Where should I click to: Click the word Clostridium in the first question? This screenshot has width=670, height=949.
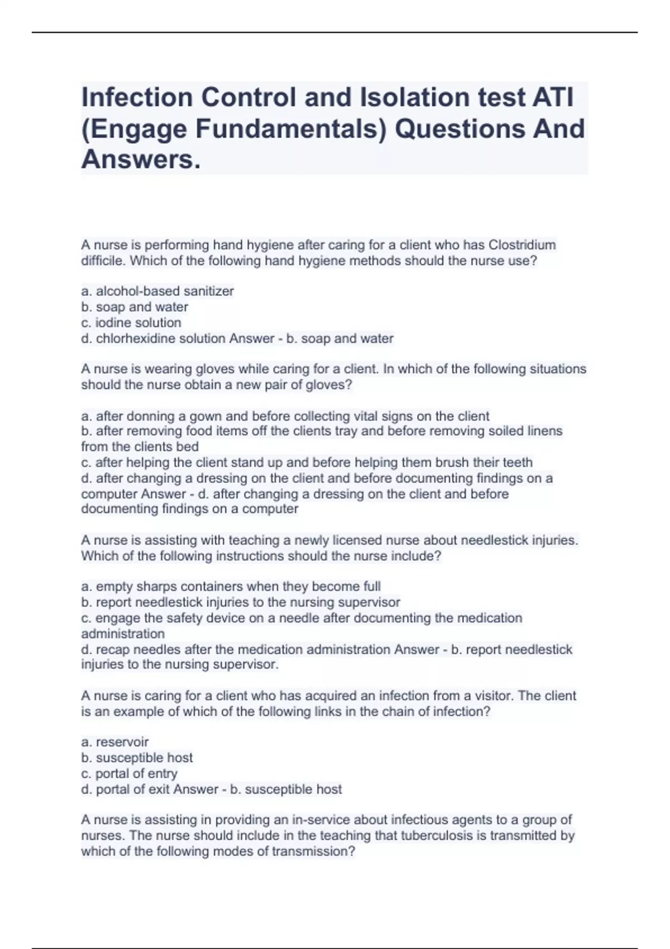pyautogui.click(x=522, y=245)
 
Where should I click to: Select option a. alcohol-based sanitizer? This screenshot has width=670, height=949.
pyautogui.click(x=157, y=291)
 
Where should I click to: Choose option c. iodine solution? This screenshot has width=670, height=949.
pyautogui.click(x=131, y=323)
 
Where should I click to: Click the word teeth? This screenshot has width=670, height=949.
pyautogui.click(x=517, y=463)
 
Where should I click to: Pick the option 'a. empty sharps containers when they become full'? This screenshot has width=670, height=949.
pyautogui.click(x=231, y=587)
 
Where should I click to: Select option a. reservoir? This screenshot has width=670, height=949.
pyautogui.click(x=115, y=742)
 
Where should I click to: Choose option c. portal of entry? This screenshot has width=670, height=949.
pyautogui.click(x=129, y=774)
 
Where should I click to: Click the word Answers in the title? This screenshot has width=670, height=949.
pyautogui.click(x=141, y=160)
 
